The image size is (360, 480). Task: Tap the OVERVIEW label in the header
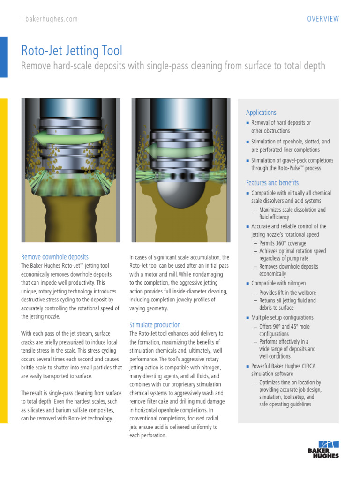[x=323, y=19]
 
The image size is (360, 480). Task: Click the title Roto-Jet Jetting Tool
[x=72, y=51]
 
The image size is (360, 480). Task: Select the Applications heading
[x=261, y=112]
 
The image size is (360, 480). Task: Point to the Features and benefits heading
[x=272, y=183]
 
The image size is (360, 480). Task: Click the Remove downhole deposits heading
[x=55, y=257]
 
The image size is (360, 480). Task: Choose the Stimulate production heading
[x=155, y=325]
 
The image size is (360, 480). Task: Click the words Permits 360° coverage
[x=283, y=243]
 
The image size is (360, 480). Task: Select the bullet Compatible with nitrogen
[x=278, y=283]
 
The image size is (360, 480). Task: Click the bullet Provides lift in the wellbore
[x=287, y=292]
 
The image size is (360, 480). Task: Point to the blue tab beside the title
[x=4, y=57]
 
